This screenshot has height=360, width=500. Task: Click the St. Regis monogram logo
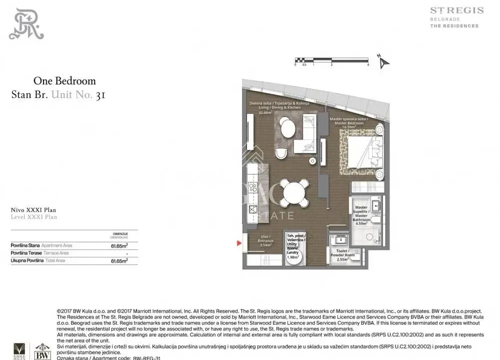(x=26, y=23)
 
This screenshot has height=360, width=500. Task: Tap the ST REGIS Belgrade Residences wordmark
(x=456, y=17)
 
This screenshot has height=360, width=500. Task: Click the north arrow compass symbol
(x=383, y=62)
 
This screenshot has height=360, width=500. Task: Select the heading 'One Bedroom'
(x=64, y=81)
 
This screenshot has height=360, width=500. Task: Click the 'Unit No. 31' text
(x=78, y=94)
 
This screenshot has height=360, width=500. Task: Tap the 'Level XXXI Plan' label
(x=34, y=217)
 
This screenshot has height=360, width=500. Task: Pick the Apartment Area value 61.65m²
(x=119, y=245)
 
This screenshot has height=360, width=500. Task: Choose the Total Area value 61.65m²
(x=119, y=260)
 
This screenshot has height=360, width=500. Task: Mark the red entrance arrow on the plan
(x=239, y=243)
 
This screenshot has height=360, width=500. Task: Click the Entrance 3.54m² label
(x=265, y=241)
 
